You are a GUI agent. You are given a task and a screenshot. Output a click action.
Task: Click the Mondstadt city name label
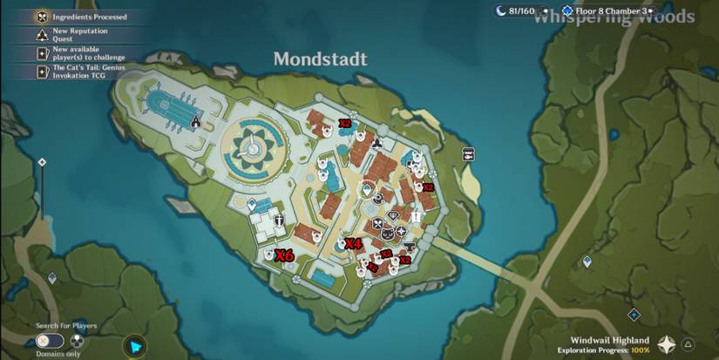(320, 59)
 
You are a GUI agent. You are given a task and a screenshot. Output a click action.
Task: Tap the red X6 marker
(284, 256)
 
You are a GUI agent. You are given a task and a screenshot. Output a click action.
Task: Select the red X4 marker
(353, 243)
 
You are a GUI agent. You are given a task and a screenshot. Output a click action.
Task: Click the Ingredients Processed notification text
(90, 17)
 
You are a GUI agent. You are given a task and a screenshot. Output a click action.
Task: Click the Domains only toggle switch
(51, 341)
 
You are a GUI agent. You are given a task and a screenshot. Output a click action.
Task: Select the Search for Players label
(66, 326)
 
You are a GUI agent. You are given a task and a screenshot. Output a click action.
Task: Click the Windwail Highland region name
(610, 340)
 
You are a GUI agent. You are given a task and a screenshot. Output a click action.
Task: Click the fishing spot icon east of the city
(468, 154)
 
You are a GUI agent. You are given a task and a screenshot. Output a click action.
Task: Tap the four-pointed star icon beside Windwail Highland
(667, 344)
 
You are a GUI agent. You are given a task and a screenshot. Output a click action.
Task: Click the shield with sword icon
(280, 221)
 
